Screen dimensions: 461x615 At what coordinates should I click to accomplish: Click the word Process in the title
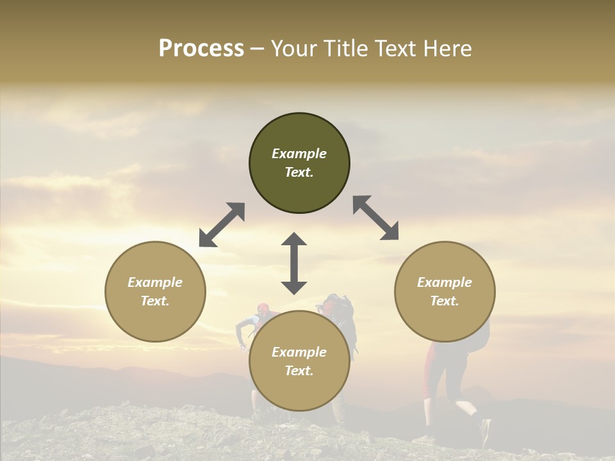[201, 49]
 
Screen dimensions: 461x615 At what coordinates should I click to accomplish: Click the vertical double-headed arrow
[294, 263]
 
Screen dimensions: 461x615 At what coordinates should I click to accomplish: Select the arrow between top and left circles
[222, 225]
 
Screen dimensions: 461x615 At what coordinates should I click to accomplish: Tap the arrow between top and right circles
[376, 218]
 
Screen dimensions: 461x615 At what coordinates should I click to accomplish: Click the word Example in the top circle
[299, 154]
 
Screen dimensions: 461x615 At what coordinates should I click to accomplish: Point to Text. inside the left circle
[155, 301]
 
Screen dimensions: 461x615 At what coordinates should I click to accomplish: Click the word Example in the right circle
[445, 282]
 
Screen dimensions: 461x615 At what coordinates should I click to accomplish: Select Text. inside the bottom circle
[299, 371]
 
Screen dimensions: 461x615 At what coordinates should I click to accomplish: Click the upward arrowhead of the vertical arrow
[294, 239]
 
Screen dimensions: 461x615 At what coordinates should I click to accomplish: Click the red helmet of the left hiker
[263, 308]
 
